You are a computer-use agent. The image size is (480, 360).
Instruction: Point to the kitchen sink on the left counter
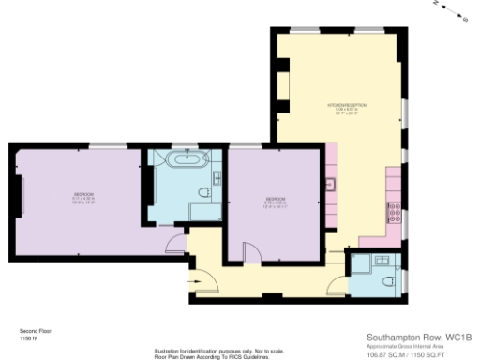point(330,185)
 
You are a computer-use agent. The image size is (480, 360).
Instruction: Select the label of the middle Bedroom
point(275,200)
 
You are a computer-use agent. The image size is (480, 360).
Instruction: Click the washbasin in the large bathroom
point(217,175)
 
